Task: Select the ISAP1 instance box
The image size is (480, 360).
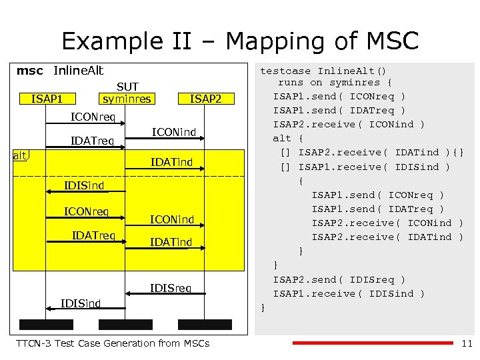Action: coord(47,99)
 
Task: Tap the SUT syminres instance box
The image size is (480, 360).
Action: coord(127,93)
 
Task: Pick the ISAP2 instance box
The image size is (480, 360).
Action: coord(205,99)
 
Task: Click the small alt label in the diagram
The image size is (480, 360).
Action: coord(21,156)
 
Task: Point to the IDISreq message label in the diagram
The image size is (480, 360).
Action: coord(171,288)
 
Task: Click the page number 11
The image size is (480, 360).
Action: coord(466,343)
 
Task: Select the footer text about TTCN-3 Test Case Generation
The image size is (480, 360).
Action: coord(112,343)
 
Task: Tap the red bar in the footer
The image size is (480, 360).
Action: coord(373,343)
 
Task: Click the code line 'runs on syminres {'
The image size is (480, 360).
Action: coord(335,83)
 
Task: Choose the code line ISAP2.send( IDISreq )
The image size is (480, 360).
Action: coord(339,279)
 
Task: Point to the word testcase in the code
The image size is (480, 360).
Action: coord(285,69)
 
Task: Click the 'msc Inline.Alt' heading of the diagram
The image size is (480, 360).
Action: coord(60,70)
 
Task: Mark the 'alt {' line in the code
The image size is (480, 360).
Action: coord(287,139)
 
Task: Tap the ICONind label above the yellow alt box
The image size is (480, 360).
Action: coord(174,132)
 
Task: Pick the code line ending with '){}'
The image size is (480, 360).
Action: coord(371,153)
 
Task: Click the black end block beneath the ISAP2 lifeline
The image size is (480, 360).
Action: coord(205,325)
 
